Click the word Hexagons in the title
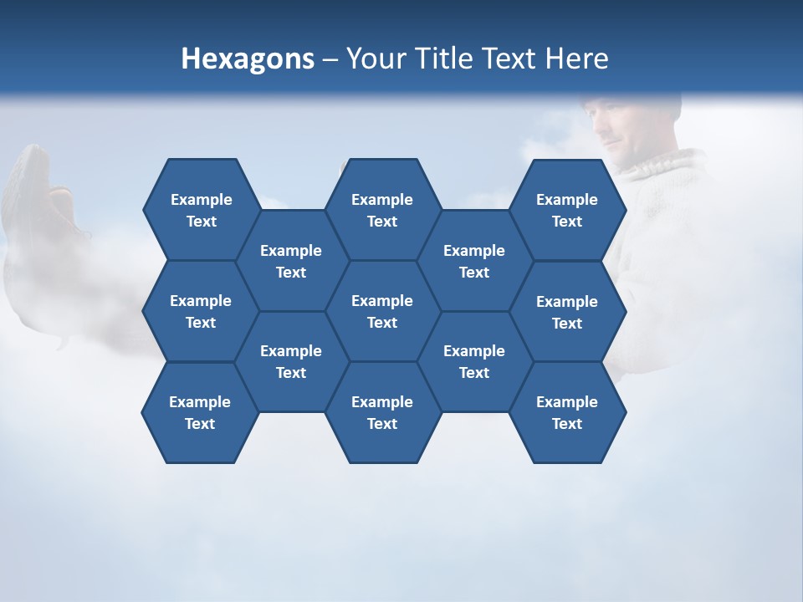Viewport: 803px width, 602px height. tap(248, 59)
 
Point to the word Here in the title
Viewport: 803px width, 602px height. tap(576, 59)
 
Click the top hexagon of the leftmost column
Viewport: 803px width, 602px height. tap(201, 210)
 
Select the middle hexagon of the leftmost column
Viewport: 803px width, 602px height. tap(201, 311)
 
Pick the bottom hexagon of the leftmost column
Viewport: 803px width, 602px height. tap(200, 412)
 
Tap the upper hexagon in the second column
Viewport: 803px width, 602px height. tap(291, 261)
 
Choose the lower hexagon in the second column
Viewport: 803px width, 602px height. tap(291, 361)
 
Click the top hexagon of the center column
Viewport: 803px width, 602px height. tap(382, 210)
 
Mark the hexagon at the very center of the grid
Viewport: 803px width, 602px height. tap(382, 311)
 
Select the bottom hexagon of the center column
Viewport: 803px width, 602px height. tap(382, 412)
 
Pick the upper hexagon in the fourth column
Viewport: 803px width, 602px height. tap(474, 261)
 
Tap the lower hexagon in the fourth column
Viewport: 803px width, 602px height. tap(474, 361)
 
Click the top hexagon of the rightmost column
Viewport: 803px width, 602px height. tap(567, 210)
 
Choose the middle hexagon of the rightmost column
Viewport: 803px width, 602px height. tap(567, 312)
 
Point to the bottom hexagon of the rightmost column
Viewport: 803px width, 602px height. tap(567, 412)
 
